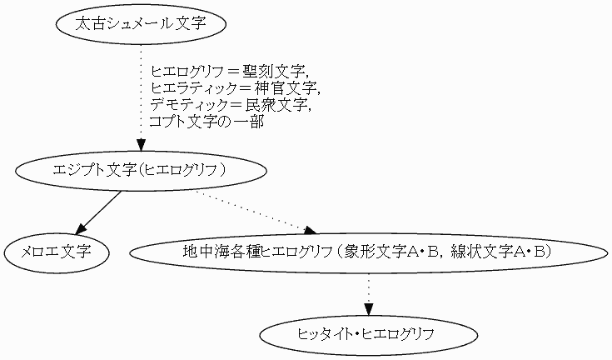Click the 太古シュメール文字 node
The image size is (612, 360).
pyautogui.click(x=140, y=24)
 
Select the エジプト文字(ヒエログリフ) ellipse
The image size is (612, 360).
pyautogui.click(x=141, y=170)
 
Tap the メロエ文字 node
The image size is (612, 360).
pyautogui.click(x=57, y=251)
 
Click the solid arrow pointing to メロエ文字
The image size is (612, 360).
pyautogui.click(x=100, y=212)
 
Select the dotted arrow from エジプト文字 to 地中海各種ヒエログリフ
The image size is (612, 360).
pyautogui.click(x=254, y=211)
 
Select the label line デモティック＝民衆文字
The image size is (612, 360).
pyautogui.click(x=231, y=105)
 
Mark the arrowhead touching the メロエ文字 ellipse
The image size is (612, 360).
pyautogui.click(x=81, y=228)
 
